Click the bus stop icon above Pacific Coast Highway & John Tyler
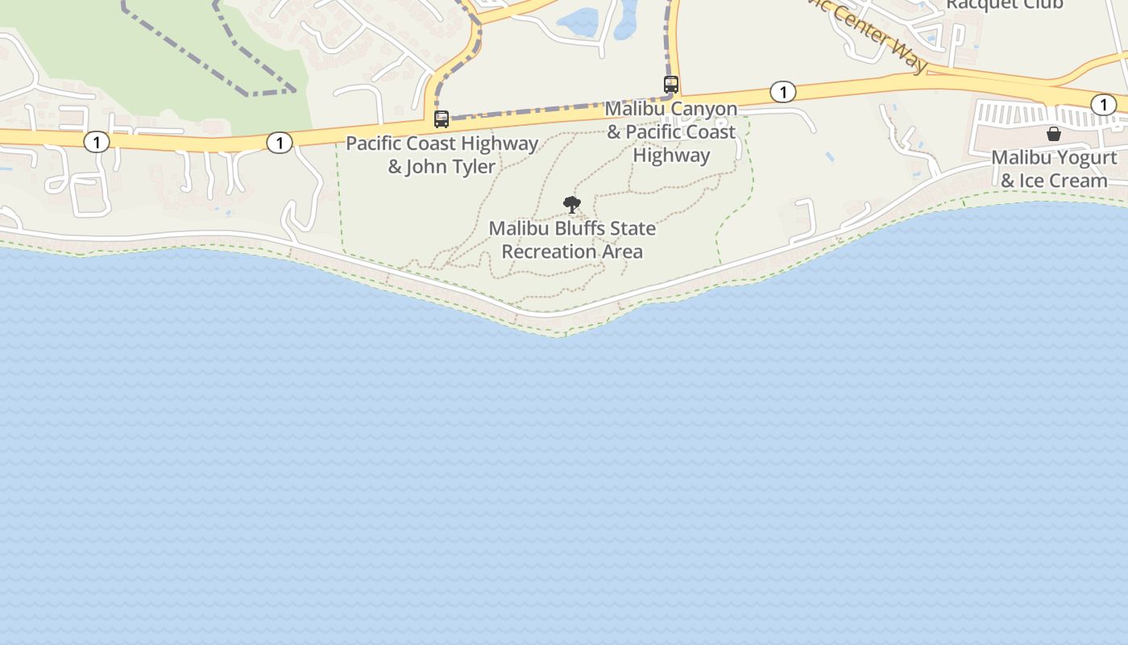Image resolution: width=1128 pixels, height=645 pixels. point(442,119)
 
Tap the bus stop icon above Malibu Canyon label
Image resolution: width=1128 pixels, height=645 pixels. point(671,84)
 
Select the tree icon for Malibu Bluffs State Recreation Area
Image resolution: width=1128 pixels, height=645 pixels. point(572,205)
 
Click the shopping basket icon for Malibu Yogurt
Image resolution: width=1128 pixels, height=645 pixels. point(1053,134)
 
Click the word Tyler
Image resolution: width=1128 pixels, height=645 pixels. point(474,167)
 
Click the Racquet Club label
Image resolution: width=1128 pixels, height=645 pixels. point(1004,4)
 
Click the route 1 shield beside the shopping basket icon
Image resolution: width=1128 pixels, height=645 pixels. point(1103,104)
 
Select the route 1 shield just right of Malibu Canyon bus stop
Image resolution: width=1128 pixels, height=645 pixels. point(782,92)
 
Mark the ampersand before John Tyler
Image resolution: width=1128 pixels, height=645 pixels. point(395,167)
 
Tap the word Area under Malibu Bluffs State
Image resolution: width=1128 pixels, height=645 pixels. point(620,252)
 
